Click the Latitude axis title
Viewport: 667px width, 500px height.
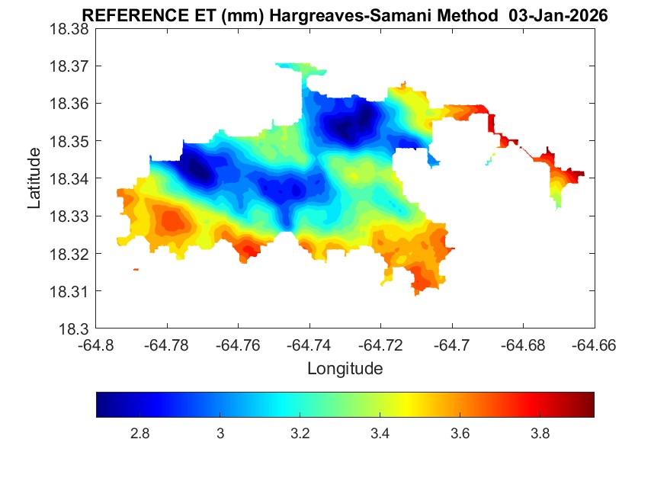[x=34, y=178]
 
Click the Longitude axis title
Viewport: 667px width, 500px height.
[x=345, y=369]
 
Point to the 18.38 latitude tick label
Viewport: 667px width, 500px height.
[x=69, y=28]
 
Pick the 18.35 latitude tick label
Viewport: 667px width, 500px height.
[x=69, y=141]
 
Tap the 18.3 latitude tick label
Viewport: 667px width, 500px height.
[x=73, y=329]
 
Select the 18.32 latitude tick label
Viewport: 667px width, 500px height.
[x=69, y=254]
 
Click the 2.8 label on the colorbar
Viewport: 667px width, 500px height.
[x=139, y=434]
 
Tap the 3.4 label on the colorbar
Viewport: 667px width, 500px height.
[x=380, y=434]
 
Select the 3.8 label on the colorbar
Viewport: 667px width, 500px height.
[x=540, y=434]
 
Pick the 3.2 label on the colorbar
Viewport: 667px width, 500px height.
[x=300, y=434]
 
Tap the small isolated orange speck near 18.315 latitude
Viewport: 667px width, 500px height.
[x=136, y=269]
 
